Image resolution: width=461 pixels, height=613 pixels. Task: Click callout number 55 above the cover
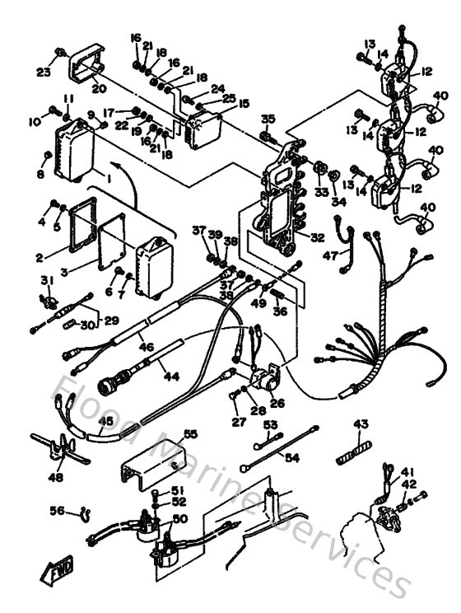[x=191, y=433]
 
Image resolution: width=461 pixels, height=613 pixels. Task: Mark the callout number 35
[x=268, y=119]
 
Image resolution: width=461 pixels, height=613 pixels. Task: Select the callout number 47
[x=331, y=256]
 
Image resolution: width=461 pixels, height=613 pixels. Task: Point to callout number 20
[x=99, y=89]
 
